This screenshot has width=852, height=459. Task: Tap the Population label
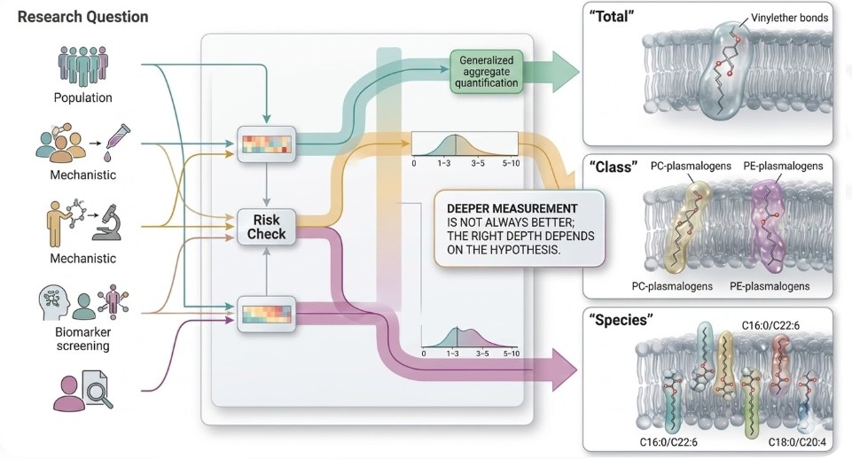(82, 97)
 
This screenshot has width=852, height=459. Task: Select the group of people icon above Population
(82, 66)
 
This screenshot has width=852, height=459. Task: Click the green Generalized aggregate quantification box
(487, 71)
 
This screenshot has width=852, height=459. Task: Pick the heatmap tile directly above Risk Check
(266, 144)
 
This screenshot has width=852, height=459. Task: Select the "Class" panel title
(614, 166)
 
